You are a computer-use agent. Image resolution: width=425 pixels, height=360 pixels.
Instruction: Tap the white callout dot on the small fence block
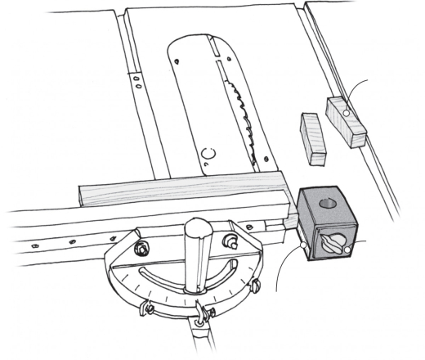(x=347, y=112)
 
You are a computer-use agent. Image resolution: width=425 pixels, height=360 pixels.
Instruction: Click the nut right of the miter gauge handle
(x=231, y=241)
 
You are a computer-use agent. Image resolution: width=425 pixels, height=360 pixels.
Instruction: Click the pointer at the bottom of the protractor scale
(x=201, y=312)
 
